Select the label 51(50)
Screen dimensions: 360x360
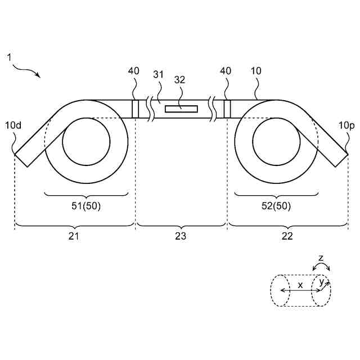[x=87, y=206]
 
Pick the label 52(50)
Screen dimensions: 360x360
[x=277, y=206]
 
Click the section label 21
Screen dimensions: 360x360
[x=74, y=236]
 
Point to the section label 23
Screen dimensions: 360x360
[x=181, y=236]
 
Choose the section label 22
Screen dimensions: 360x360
[x=287, y=236]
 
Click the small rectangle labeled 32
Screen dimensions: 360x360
[x=181, y=109]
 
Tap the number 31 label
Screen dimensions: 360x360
[x=159, y=74]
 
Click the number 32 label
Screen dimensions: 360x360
[x=179, y=80]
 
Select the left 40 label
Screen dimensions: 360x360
[x=134, y=71]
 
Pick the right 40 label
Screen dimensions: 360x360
[x=226, y=71]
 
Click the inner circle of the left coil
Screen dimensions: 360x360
[x=86, y=142]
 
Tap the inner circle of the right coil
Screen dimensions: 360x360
[x=276, y=142]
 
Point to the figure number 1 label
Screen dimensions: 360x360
[x=9, y=57]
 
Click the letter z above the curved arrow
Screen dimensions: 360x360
[x=321, y=258]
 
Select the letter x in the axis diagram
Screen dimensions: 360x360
[x=300, y=285]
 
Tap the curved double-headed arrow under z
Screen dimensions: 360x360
[x=321, y=268]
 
